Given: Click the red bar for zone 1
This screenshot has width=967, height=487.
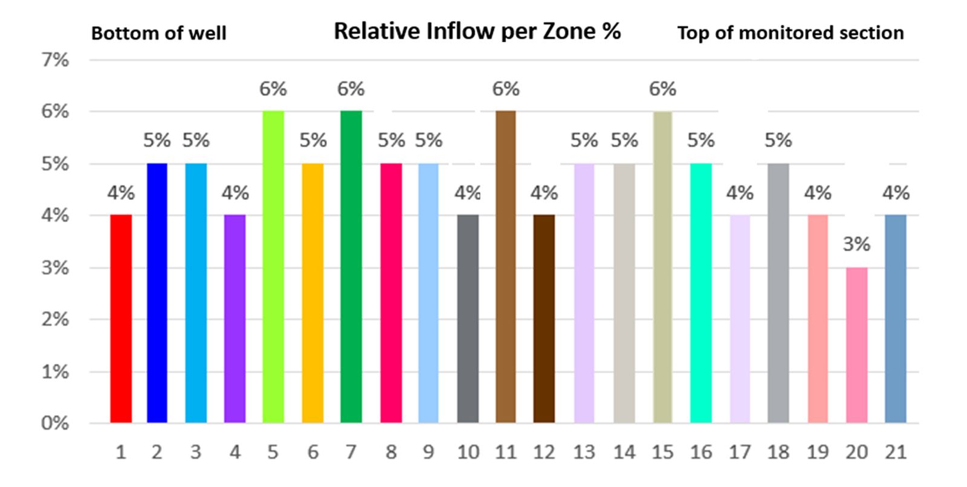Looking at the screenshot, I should [x=121, y=319].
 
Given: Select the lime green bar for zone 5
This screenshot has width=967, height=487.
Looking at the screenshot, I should [x=273, y=267].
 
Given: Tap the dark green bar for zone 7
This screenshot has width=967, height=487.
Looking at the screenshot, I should [x=351, y=267].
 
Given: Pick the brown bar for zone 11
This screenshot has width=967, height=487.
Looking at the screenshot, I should [x=506, y=267].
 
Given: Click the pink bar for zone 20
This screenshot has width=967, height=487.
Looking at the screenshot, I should [x=856, y=346].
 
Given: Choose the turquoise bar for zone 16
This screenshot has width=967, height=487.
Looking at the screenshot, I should [x=701, y=293].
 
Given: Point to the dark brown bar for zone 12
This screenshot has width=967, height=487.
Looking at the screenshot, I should [x=544, y=319].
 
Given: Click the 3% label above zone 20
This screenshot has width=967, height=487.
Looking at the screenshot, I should [x=856, y=244].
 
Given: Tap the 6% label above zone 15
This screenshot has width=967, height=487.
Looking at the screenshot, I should [x=662, y=89].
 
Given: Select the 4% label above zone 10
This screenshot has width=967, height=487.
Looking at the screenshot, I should [x=467, y=193].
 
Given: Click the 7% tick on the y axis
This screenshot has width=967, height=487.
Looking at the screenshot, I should [x=55, y=60].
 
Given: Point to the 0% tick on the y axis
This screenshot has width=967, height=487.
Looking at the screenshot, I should [x=55, y=423].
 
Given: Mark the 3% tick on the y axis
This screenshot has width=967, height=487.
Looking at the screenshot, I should [x=55, y=268].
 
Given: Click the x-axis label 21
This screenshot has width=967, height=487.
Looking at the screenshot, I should [x=895, y=452].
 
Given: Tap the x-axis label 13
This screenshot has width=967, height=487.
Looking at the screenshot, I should [x=584, y=452].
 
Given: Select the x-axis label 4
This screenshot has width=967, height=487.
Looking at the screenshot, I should [x=235, y=452].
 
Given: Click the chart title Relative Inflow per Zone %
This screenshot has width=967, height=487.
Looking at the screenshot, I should [x=477, y=31].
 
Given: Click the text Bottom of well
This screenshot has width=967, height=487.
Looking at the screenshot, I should [x=158, y=33].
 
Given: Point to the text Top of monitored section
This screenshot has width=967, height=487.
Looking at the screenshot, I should [x=790, y=33].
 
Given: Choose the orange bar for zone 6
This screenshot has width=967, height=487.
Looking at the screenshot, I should [x=312, y=293].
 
